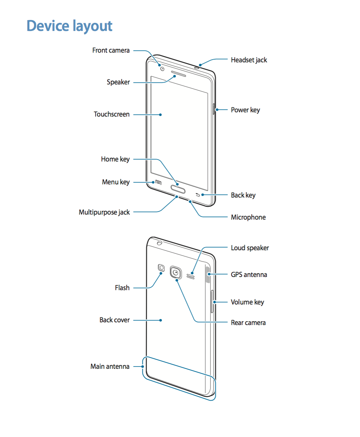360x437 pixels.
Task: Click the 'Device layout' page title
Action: (x=70, y=26)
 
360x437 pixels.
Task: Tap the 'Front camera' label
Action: (x=111, y=50)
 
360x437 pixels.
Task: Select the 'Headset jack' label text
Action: (x=249, y=60)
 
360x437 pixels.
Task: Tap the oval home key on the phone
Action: (x=178, y=190)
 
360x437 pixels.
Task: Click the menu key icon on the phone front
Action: (x=158, y=182)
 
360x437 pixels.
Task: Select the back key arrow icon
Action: (x=198, y=195)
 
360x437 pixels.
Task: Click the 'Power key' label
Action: (x=245, y=110)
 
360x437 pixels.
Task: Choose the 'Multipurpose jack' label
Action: (x=105, y=212)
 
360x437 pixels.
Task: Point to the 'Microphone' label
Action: (x=248, y=217)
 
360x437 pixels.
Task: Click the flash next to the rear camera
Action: (x=161, y=267)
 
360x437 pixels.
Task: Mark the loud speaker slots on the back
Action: (x=190, y=276)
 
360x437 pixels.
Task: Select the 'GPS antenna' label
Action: (x=249, y=275)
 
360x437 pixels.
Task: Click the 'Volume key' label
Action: (x=247, y=302)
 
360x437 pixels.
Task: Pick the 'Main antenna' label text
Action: (x=110, y=366)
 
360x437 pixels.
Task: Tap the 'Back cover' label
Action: (x=115, y=320)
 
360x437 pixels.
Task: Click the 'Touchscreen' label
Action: (x=111, y=114)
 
